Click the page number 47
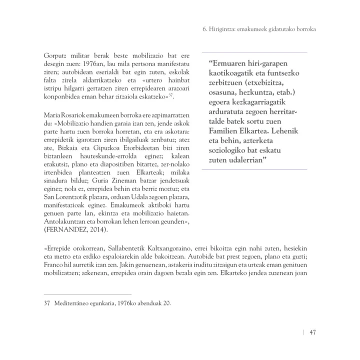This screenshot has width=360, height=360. pyautogui.click(x=311, y=333)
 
